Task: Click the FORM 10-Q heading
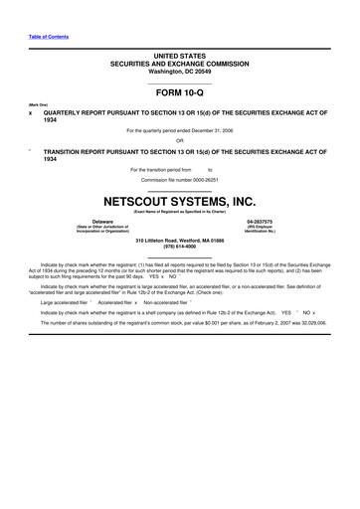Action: [179, 90]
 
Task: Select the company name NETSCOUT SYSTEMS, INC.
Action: [179, 200]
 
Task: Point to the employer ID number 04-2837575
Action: [260, 221]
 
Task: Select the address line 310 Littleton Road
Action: [179, 240]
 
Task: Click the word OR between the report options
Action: [179, 140]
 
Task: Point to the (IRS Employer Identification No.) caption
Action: [260, 229]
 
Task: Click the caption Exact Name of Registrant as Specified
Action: [179, 211]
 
